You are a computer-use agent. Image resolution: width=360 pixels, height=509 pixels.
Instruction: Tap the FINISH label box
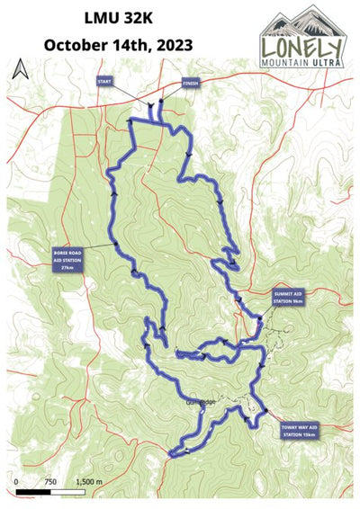190,81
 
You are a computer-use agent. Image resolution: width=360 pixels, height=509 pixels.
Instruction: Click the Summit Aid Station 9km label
291,297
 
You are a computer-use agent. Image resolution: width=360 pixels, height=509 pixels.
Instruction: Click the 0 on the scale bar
17,482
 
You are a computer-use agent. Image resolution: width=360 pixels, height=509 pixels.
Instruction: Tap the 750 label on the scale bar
50,482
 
